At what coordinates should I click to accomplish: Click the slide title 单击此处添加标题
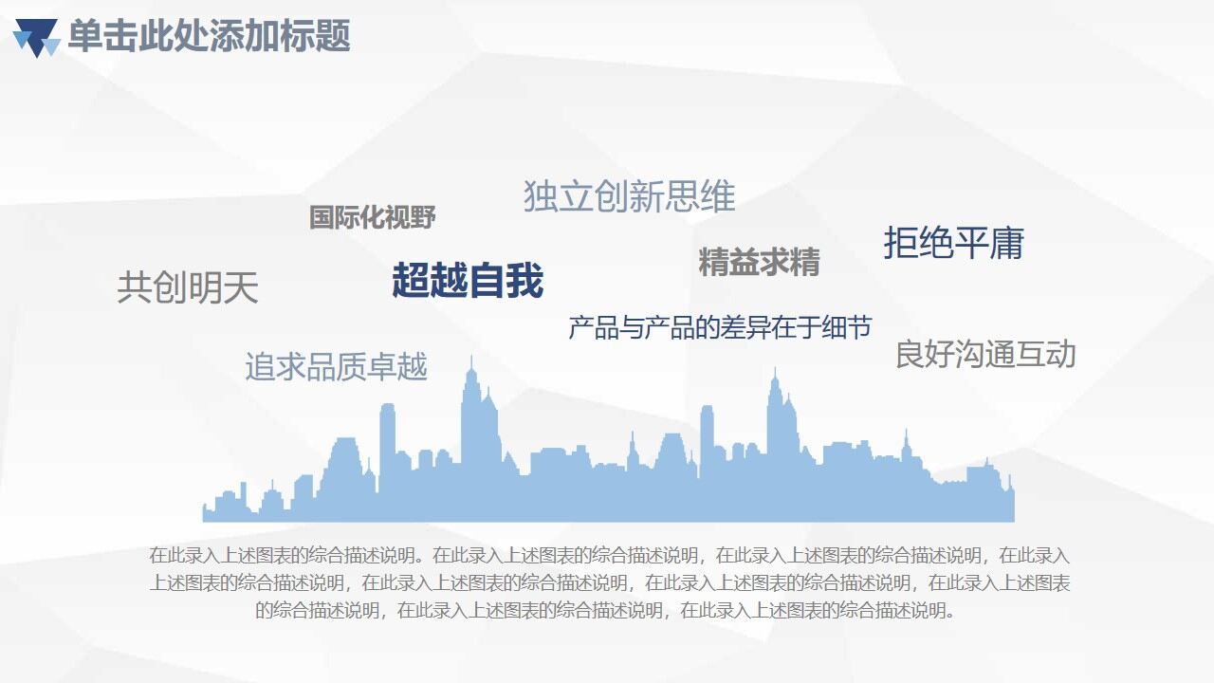(209, 36)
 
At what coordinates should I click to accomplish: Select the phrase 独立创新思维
(629, 196)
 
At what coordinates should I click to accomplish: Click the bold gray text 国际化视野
(372, 217)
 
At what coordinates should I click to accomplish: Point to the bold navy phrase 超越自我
(468, 281)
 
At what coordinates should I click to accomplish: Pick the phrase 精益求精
(759, 262)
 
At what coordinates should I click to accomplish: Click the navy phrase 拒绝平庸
(953, 243)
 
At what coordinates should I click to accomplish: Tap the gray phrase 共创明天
(187, 287)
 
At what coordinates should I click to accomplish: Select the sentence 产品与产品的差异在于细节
(719, 327)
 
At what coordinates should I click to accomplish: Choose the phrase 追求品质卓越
(336, 366)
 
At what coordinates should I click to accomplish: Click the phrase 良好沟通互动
(985, 355)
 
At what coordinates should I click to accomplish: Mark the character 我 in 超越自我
(524, 281)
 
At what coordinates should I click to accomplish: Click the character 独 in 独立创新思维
(541, 196)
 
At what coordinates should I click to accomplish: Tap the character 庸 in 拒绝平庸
(1007, 243)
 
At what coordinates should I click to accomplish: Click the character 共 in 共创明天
(134, 287)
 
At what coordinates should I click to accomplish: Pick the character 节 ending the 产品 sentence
(858, 327)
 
